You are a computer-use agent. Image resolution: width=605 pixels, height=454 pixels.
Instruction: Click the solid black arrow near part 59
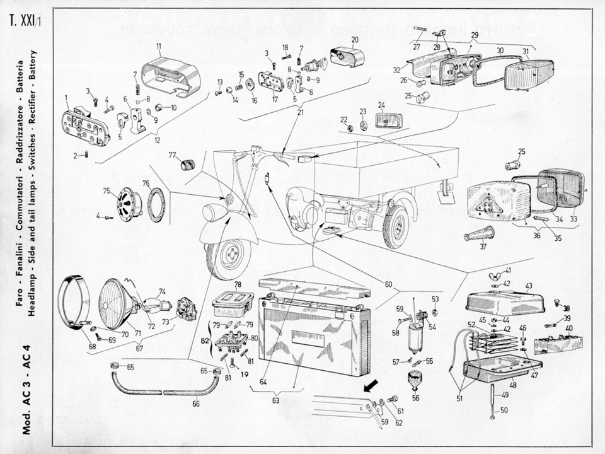click(x=372, y=383)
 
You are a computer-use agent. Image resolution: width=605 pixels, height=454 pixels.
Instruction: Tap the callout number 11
click(x=159, y=46)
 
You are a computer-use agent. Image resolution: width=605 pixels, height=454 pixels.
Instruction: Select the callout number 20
click(x=355, y=39)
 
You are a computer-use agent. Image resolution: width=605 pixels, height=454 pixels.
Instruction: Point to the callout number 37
click(x=483, y=247)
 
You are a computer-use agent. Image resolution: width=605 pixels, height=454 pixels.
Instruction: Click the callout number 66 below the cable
click(x=196, y=404)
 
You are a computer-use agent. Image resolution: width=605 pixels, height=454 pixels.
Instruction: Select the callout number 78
click(x=238, y=284)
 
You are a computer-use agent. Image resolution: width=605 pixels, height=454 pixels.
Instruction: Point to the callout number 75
click(x=107, y=191)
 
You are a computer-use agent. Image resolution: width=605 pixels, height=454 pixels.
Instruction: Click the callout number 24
click(x=381, y=105)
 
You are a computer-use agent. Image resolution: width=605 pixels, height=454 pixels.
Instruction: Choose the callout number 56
click(x=415, y=398)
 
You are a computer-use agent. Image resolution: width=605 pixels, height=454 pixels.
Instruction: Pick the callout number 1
click(x=66, y=98)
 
